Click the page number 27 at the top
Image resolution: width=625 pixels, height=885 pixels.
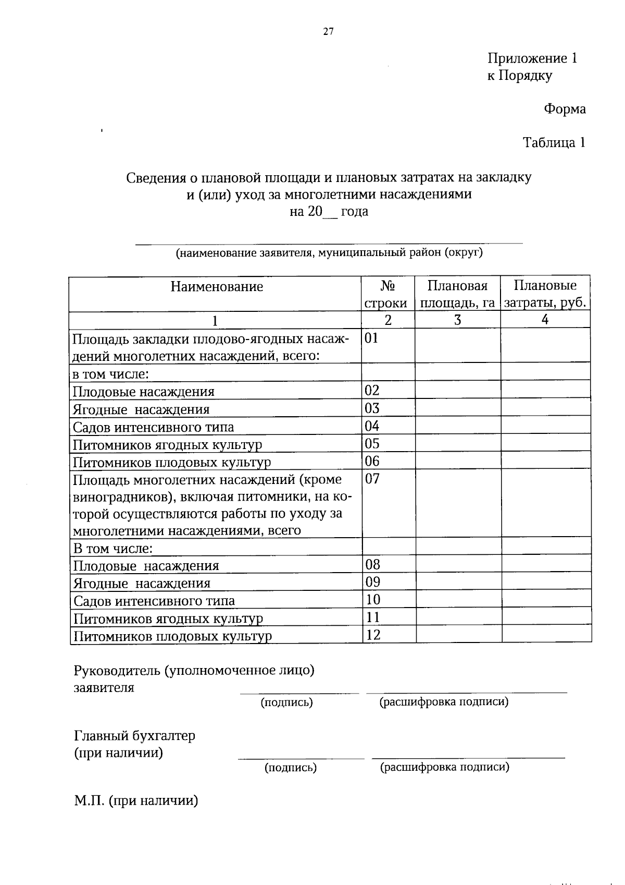(x=328, y=31)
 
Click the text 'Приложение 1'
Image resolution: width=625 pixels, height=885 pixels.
(x=532, y=58)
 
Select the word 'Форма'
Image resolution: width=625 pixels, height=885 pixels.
(x=565, y=109)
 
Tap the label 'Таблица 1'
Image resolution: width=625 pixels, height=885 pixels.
(x=554, y=143)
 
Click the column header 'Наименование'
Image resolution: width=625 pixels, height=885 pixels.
(x=217, y=287)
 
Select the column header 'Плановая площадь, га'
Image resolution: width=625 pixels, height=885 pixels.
(x=457, y=294)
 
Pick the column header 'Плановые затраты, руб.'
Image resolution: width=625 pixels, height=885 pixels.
(x=545, y=294)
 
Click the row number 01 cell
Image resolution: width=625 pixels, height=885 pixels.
(x=372, y=338)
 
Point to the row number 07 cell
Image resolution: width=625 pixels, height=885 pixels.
(x=373, y=479)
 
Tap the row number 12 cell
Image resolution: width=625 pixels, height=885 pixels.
(x=373, y=635)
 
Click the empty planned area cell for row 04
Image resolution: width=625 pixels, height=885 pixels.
(x=457, y=426)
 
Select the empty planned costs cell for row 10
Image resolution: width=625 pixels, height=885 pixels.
(x=546, y=599)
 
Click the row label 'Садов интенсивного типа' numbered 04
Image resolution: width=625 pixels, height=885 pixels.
(x=153, y=428)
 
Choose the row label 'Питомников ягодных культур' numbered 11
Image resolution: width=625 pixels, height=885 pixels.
(x=168, y=619)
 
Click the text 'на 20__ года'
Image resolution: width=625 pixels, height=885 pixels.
(x=329, y=212)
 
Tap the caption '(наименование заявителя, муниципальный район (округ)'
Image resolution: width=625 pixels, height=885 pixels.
(x=329, y=253)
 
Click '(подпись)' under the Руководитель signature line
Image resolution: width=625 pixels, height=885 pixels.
(x=286, y=702)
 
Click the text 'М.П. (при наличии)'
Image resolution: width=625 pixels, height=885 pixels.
(x=136, y=801)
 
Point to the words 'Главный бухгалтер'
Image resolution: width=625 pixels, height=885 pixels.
(x=134, y=736)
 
